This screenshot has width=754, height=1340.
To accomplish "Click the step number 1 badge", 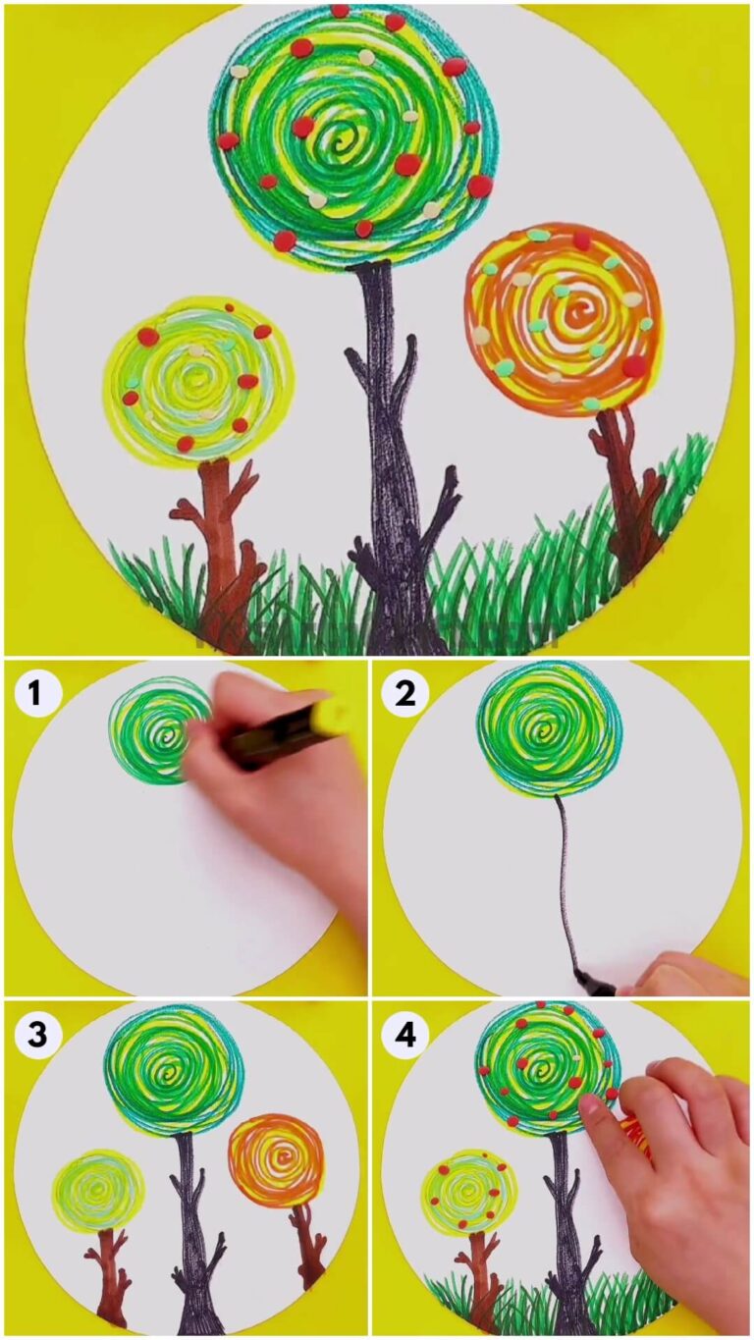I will (x=35, y=694).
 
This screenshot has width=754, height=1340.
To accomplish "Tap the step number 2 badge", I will (x=405, y=694).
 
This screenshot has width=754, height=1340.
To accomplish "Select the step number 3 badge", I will (x=35, y=1034).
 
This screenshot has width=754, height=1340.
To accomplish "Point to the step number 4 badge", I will (x=405, y=1034).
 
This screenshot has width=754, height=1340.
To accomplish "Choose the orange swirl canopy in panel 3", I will (x=276, y=1159).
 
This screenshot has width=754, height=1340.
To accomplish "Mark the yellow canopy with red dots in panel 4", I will (x=468, y=1191).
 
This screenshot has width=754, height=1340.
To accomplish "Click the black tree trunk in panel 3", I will (x=192, y=1237).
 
